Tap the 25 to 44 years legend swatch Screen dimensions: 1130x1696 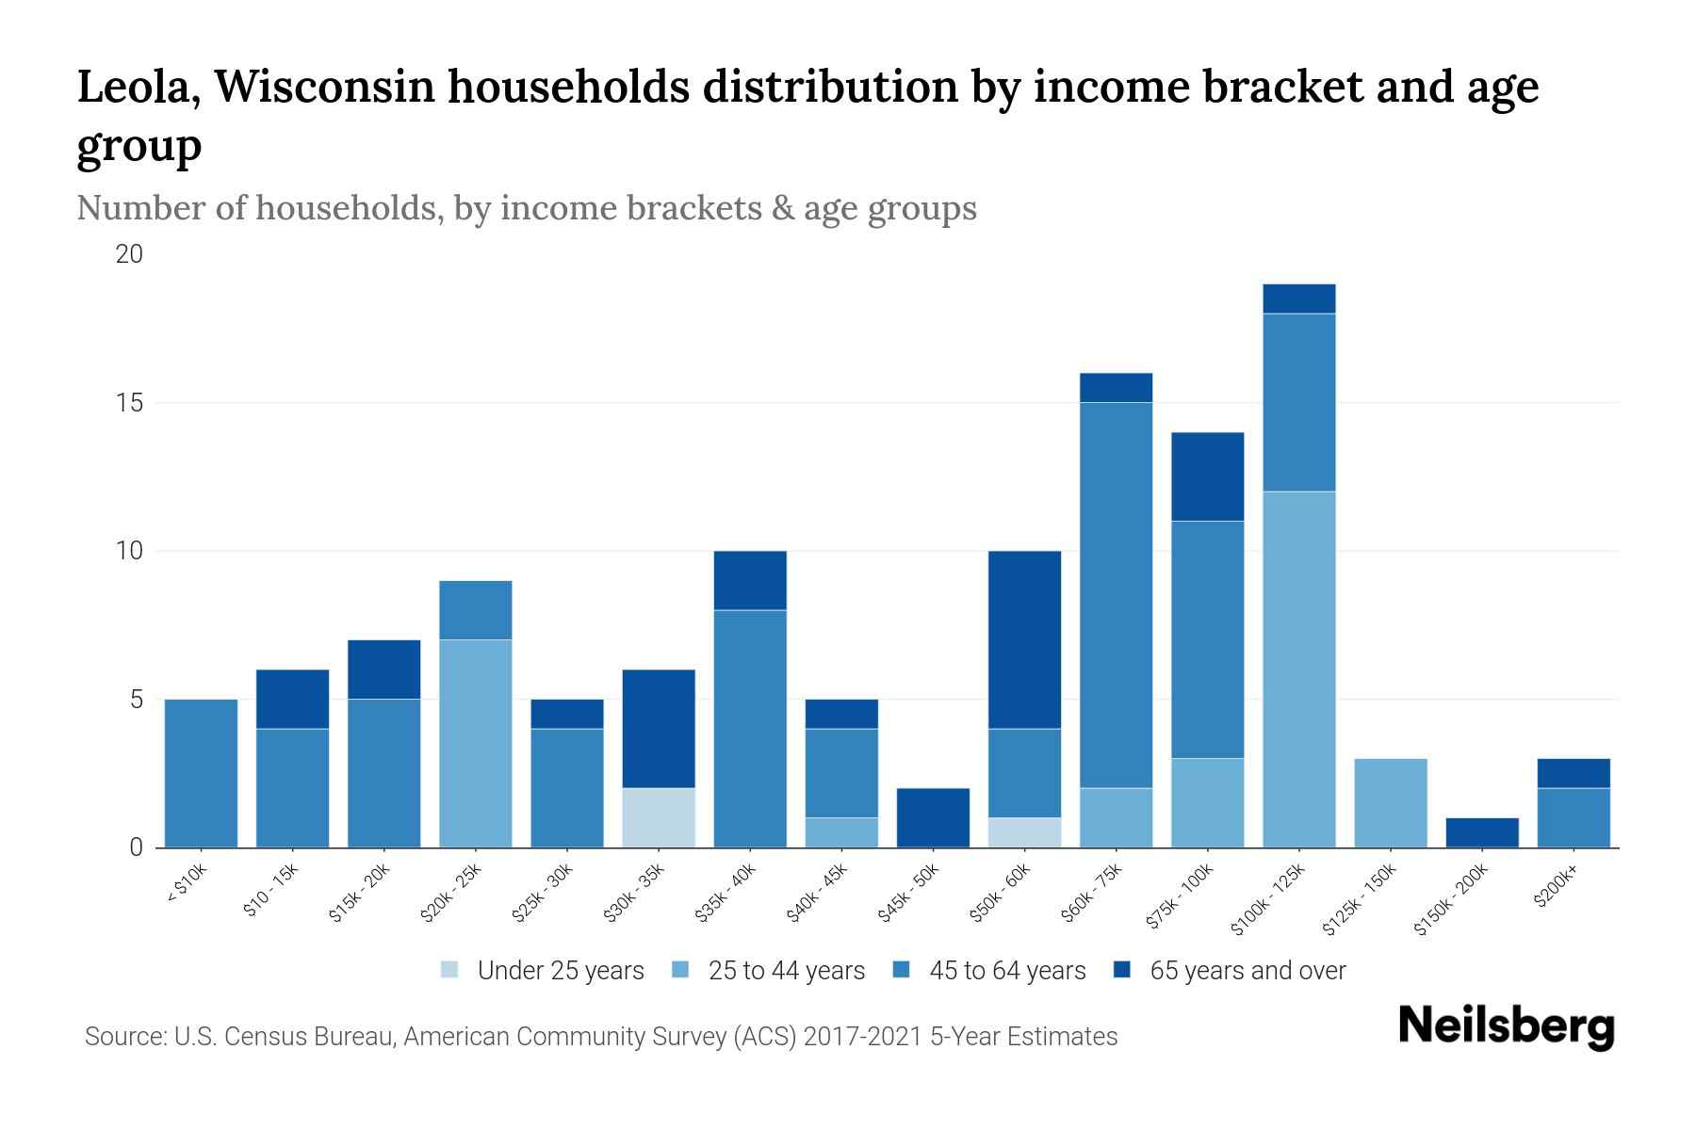pyautogui.click(x=680, y=970)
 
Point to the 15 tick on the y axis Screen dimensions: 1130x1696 pyautogui.click(x=130, y=403)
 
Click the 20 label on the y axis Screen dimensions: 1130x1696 pyautogui.click(x=130, y=254)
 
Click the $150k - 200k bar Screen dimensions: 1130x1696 pyautogui.click(x=1482, y=832)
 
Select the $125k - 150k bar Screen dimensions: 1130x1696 pyautogui.click(x=1391, y=803)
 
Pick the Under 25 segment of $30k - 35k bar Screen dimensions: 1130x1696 pyautogui.click(x=659, y=817)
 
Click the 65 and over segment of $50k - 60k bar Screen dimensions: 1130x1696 pyautogui.click(x=1025, y=639)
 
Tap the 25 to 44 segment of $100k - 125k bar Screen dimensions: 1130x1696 pyautogui.click(x=1299, y=669)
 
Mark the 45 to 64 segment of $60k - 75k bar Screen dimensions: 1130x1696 pyautogui.click(x=1117, y=595)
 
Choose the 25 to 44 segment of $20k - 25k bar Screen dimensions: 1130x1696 pyautogui.click(x=476, y=743)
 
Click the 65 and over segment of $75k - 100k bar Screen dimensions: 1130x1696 pyautogui.click(x=1208, y=476)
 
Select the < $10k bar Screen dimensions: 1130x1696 pyautogui.click(x=201, y=773)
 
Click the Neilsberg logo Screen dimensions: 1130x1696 pyautogui.click(x=1506, y=1026)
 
